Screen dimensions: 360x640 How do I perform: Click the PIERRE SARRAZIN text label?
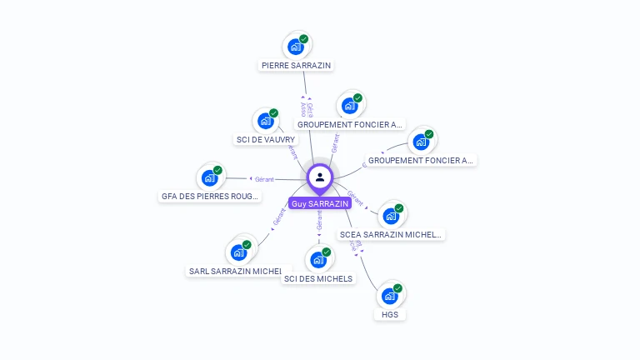[x=297, y=65]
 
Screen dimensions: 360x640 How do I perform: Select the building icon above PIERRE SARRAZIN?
[x=296, y=47]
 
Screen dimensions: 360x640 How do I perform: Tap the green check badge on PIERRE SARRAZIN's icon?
[x=304, y=39]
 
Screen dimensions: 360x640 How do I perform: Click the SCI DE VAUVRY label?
[x=265, y=140]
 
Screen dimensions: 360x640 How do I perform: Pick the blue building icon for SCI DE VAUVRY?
[x=266, y=121]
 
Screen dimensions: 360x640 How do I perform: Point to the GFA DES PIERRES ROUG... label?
[x=210, y=197]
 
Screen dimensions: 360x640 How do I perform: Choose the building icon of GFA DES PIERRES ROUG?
[x=209, y=177]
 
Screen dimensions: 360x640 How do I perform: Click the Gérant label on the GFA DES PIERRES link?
[x=264, y=179]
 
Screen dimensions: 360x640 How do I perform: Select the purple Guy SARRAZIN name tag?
[x=320, y=203]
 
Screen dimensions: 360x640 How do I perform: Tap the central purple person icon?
[x=320, y=177]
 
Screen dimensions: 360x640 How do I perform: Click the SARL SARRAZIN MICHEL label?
[x=236, y=271]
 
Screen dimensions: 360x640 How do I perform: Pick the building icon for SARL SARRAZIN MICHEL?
[x=239, y=252]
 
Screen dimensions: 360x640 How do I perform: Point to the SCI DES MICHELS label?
[x=318, y=278]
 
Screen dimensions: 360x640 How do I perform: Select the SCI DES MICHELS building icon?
[x=318, y=259]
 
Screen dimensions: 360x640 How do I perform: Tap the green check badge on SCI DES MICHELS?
[x=327, y=252]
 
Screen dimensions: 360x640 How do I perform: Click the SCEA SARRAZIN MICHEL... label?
[x=390, y=235]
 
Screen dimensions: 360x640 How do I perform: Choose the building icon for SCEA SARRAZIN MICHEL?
[x=391, y=215]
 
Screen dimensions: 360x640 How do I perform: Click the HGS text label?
[x=389, y=315]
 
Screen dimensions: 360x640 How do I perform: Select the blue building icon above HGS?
[x=389, y=296]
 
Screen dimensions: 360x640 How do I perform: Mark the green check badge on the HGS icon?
[x=397, y=288]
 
